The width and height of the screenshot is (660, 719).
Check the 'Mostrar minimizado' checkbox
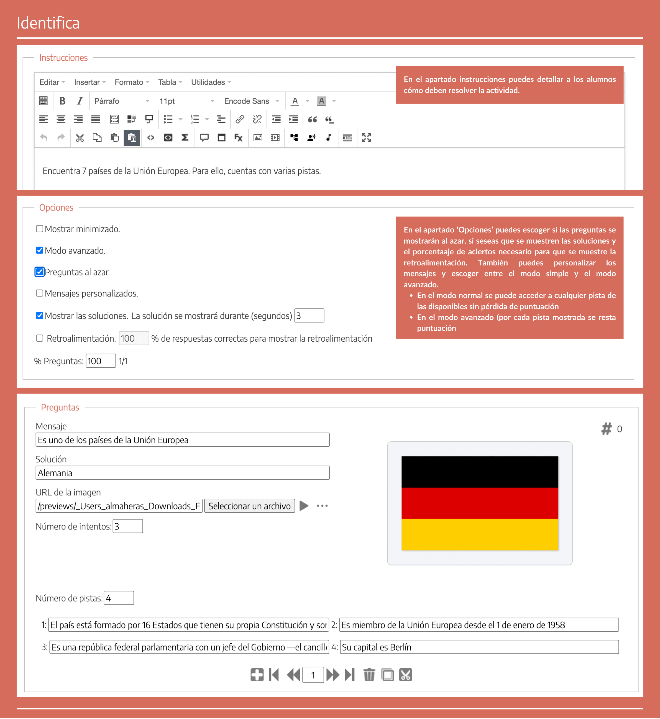[40, 229]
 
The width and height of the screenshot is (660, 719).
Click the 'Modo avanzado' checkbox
[40, 250]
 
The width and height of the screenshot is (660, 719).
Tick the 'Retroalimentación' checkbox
[40, 338]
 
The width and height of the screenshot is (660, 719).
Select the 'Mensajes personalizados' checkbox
[40, 293]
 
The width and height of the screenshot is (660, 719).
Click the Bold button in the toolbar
[62, 101]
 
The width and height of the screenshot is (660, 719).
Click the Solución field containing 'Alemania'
[182, 473]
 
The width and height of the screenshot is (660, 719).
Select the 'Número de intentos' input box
[127, 526]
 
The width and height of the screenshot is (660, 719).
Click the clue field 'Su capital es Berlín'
[479, 647]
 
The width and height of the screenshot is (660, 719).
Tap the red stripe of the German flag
[480, 503]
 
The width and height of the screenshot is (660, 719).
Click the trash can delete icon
[369, 675]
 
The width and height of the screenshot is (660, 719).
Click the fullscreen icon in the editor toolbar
[366, 137]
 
